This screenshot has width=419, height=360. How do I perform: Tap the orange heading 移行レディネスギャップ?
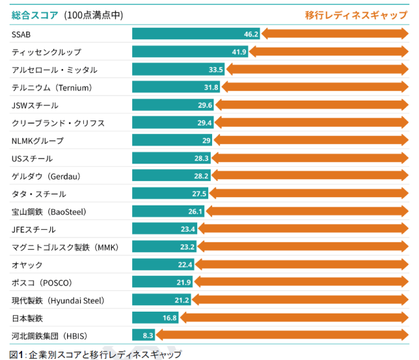point(356,14)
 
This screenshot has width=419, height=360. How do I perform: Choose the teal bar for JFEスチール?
point(164,229)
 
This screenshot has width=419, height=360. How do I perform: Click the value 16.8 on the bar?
point(170,317)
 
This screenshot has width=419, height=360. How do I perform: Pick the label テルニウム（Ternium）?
point(52,88)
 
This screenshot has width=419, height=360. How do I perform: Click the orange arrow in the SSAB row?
point(335,34)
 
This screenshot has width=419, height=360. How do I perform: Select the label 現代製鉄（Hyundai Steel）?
point(58,300)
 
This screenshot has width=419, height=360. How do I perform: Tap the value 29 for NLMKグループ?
point(206,140)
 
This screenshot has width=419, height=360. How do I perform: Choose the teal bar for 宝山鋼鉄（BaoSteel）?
point(168,211)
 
